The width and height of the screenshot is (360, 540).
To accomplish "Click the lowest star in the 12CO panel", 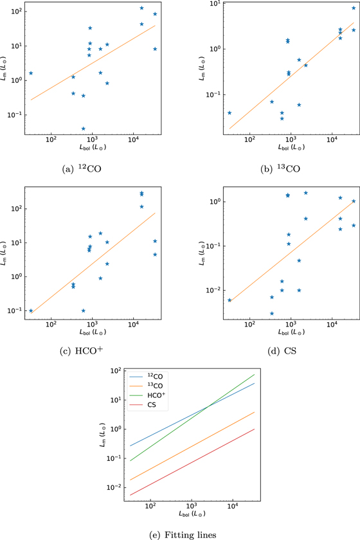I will coord(83,129).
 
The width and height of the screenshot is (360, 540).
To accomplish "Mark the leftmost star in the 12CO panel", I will coord(30,73).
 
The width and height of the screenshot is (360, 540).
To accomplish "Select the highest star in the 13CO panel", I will coord(353,8).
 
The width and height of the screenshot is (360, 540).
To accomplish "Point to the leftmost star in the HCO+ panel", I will coord(30,310).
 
